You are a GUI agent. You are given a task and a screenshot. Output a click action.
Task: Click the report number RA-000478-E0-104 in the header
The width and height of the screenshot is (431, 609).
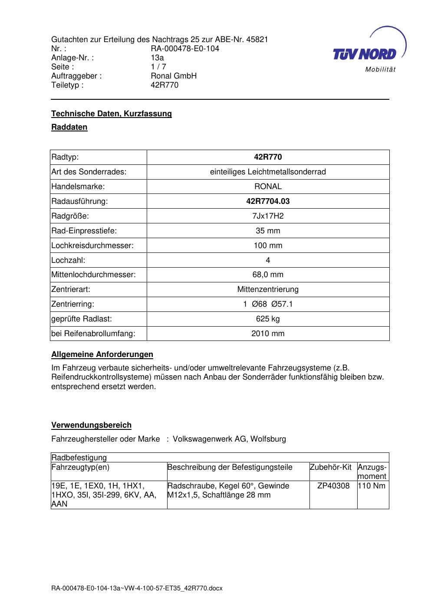(185, 49)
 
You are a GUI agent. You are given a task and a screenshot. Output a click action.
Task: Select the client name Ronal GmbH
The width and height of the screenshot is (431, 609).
(174, 76)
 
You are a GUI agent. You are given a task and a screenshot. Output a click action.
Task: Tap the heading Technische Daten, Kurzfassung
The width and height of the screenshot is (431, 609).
(112, 114)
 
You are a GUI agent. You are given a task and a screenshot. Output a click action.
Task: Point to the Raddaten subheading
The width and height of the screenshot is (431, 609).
(69, 127)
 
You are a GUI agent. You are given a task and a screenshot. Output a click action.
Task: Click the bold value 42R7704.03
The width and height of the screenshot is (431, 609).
(268, 201)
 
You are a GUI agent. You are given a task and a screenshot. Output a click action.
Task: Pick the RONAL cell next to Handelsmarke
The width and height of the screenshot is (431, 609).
(268, 187)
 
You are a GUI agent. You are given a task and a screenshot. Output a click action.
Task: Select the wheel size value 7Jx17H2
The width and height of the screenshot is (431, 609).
(268, 216)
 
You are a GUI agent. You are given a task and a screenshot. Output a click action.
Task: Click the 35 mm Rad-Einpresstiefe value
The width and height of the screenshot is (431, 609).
(268, 231)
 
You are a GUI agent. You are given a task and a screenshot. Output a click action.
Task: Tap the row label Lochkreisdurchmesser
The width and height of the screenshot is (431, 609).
(92, 246)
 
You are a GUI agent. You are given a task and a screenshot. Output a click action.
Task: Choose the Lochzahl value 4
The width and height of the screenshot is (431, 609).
(268, 260)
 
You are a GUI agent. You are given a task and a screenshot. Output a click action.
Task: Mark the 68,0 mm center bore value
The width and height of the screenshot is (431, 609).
(268, 275)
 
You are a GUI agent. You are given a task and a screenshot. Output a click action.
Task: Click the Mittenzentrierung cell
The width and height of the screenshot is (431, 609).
(268, 289)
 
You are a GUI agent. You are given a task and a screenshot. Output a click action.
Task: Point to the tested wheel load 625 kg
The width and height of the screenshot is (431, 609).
(268, 319)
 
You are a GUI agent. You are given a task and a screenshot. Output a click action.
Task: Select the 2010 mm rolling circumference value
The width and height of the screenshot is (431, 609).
(268, 334)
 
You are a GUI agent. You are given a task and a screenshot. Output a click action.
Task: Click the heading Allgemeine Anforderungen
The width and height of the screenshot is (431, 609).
(102, 354)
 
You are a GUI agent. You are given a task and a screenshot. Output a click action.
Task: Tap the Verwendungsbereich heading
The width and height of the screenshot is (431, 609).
(91, 425)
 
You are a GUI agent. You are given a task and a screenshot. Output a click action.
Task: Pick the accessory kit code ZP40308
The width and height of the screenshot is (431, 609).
(333, 486)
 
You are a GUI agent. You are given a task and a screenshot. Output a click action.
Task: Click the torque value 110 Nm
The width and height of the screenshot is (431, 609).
(372, 486)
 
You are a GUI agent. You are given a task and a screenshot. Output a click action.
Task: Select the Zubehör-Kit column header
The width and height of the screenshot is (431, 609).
(330, 467)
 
